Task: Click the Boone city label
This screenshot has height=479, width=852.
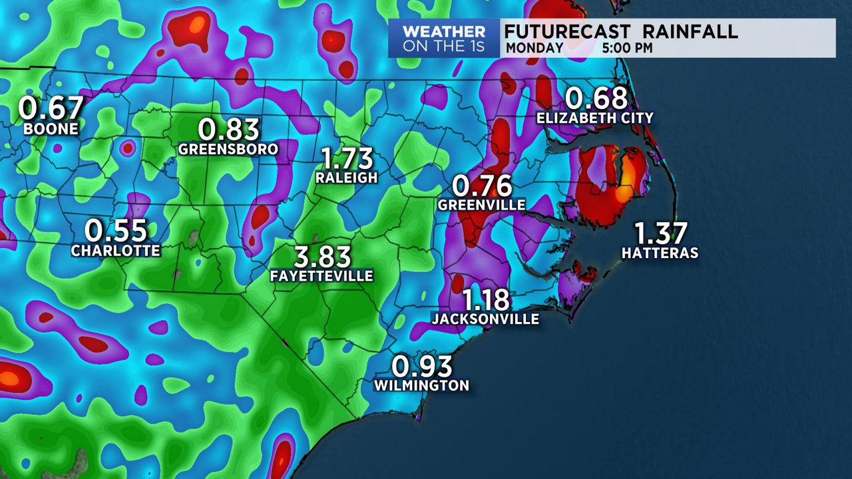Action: click(51, 128)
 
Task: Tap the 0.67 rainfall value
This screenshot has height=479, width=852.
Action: click(51, 108)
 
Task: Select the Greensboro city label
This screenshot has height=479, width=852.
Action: click(228, 149)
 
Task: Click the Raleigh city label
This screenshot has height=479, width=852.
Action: click(347, 178)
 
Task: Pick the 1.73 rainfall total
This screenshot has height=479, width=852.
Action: click(347, 158)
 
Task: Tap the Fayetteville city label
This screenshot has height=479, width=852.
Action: click(321, 275)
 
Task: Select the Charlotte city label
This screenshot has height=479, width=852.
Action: click(116, 251)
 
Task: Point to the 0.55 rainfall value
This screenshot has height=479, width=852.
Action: click(116, 231)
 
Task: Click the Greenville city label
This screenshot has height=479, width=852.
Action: click(482, 205)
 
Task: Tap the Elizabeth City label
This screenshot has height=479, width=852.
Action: click(596, 118)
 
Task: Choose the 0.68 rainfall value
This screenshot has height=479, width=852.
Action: click(596, 98)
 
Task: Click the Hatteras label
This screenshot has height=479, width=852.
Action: click(660, 253)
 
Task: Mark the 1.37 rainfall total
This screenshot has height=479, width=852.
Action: click(660, 234)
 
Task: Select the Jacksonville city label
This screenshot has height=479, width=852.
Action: click(485, 319)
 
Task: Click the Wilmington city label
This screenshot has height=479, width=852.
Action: click(421, 385)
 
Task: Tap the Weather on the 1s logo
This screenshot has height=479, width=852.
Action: click(444, 39)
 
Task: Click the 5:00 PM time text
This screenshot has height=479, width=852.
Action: click(627, 48)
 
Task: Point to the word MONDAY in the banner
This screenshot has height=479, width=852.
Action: click(534, 48)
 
